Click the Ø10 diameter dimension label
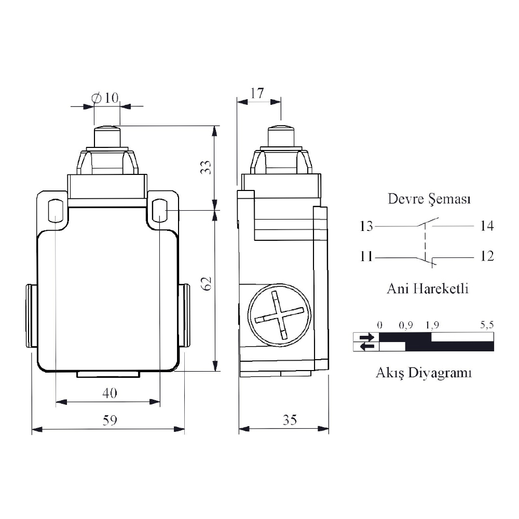point(105,98)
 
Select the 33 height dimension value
point(206,167)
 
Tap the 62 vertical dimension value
point(207,284)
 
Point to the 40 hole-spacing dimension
point(110,393)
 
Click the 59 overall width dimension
point(110,420)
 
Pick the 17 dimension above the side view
point(257,93)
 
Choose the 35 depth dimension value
point(290,420)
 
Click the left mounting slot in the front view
point(56,210)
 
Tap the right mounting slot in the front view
point(160,210)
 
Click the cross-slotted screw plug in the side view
point(279,315)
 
